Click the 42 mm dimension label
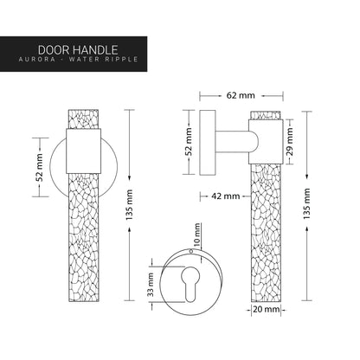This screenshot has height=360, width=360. (x=227, y=196)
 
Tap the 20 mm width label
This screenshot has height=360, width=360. (x=267, y=307)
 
